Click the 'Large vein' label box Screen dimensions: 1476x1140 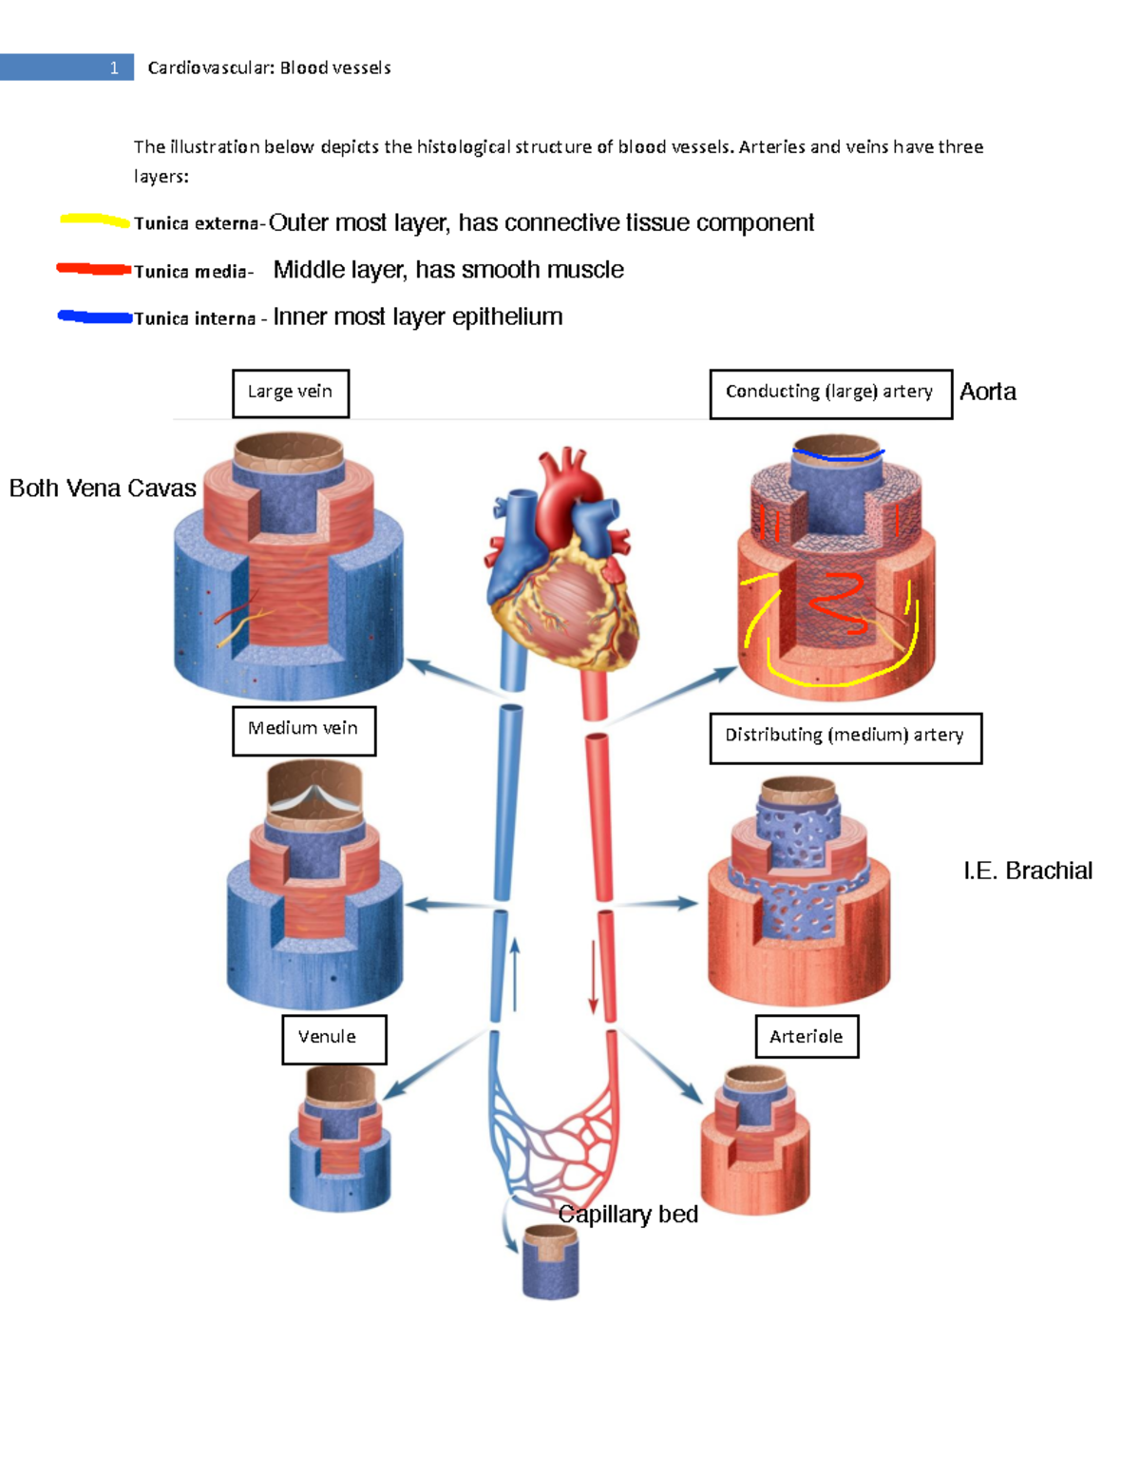coord(291,393)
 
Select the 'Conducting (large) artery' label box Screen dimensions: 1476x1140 coord(830,393)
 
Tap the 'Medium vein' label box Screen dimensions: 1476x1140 coord(304,730)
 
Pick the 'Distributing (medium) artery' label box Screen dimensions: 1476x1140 coord(845,738)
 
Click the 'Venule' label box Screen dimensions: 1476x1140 coord(333,1039)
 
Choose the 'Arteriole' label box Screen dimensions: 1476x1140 coord(807,1036)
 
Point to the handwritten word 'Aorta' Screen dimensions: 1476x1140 coord(987,392)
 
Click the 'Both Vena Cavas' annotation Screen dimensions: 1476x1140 coord(103,488)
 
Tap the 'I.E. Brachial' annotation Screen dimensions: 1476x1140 coord(1027,871)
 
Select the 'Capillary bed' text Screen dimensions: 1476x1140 coord(628,1214)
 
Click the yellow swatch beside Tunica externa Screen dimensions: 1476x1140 coord(94,220)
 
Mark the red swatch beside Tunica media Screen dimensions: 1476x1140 coord(93,269)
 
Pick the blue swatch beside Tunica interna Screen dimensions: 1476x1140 coord(94,316)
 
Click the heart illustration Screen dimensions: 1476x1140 coord(562,561)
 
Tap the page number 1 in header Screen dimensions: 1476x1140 coord(114,67)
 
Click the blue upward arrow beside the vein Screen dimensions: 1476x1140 coord(515,973)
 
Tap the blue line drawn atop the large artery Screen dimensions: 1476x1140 coord(838,455)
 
